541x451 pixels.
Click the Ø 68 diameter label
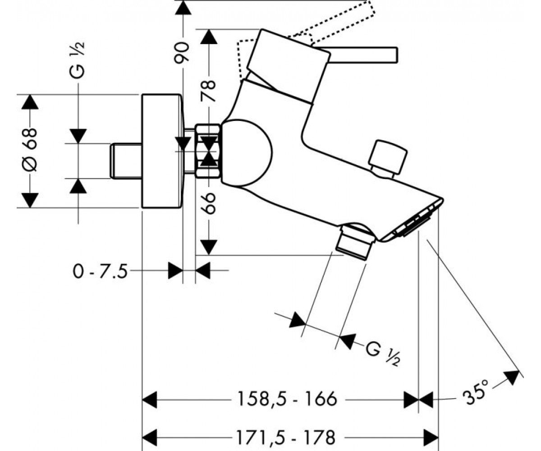pyautogui.click(x=30, y=150)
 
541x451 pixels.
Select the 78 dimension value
pyautogui.click(x=208, y=91)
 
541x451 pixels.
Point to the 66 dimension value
pyautogui.click(x=208, y=203)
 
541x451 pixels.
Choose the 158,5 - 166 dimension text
pyautogui.click(x=287, y=399)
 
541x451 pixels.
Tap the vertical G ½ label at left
pyautogui.click(x=77, y=60)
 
